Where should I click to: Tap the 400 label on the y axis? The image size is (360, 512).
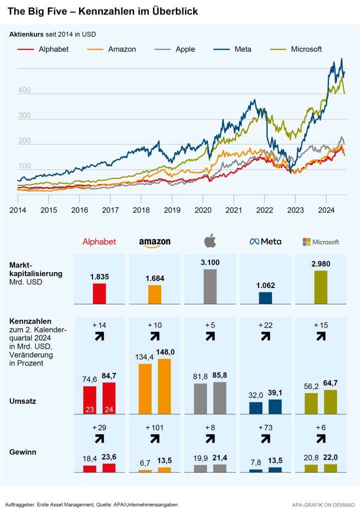(x=24, y=90)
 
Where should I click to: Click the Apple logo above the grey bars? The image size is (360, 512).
(x=210, y=241)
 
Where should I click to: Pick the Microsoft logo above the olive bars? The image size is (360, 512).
(x=320, y=242)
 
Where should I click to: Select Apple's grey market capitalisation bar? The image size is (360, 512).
(x=210, y=286)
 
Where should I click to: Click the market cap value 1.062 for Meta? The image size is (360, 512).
(x=265, y=286)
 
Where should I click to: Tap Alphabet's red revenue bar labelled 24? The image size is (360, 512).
(x=109, y=398)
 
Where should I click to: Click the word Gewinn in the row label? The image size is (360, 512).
(x=22, y=452)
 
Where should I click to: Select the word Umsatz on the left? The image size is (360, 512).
(x=23, y=400)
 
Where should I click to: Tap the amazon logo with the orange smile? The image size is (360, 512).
(x=154, y=242)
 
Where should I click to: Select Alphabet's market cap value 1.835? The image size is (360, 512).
(x=99, y=276)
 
